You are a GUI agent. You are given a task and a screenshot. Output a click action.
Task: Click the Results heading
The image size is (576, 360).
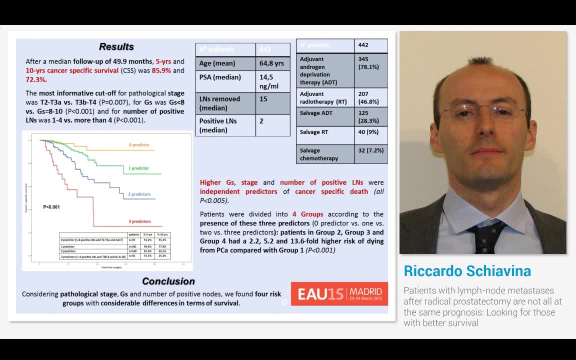tap(116, 46)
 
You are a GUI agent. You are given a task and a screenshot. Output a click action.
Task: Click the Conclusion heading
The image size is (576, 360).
tap(168, 281)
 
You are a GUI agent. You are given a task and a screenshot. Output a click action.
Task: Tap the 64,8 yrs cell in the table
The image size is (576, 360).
tap(272, 63)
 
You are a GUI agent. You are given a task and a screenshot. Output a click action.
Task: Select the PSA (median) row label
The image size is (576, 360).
tap(220, 77)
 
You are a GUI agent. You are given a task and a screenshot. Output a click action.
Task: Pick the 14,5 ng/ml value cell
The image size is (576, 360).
tap(272, 81)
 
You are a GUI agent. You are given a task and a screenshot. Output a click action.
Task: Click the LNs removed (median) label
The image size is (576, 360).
tap(220, 103)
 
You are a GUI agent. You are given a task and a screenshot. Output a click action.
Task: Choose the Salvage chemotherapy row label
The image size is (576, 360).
tap(319, 154)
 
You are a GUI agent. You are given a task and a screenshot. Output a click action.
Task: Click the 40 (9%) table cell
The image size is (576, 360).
tap(369, 132)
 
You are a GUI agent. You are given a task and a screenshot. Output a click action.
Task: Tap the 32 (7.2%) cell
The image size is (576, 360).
tap(370, 150)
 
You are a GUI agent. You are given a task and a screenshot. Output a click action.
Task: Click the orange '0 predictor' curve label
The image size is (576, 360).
tap(139, 145)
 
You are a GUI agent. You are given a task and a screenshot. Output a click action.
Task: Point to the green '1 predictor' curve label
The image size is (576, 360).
tap(138, 168)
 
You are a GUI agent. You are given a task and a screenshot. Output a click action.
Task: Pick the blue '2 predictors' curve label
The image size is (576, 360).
tap(139, 194)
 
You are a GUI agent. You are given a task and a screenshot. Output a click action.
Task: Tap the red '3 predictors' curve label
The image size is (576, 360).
tap(139, 221)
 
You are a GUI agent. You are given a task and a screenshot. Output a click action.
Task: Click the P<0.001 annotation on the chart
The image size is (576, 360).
tap(51, 207)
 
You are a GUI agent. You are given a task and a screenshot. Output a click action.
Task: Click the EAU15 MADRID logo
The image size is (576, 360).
tap(339, 293)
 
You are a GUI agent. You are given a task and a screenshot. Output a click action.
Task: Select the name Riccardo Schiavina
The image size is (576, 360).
tap(467, 271)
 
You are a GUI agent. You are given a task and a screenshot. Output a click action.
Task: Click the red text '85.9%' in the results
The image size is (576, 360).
tap(161, 70)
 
